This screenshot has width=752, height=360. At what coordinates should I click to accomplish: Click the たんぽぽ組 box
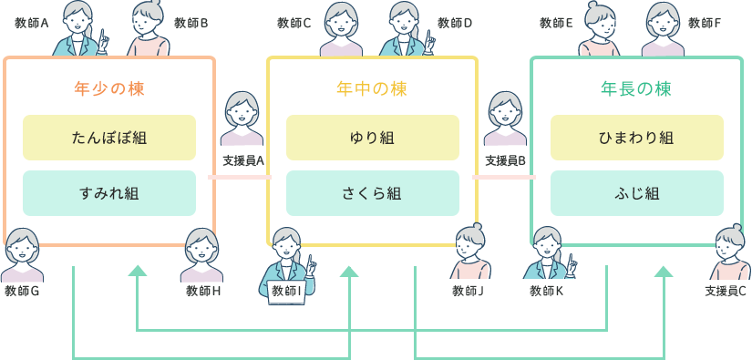109,138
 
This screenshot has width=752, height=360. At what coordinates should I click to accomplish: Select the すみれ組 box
109,193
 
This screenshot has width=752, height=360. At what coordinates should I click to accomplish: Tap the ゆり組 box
372,138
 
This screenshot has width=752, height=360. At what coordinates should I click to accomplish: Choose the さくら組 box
372,193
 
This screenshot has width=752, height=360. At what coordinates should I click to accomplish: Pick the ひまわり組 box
636,138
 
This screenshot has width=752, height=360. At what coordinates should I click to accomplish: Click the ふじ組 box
636,193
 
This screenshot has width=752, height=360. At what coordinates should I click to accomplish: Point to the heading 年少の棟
109,89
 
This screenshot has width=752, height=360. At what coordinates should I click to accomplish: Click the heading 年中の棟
372,89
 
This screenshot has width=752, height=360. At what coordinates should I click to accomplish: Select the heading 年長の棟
636,89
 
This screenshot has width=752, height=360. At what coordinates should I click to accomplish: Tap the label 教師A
32,23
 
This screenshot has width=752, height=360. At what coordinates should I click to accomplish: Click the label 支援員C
726,292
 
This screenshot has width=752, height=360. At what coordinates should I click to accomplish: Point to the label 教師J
468,292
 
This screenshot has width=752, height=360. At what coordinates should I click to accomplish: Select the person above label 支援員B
505,118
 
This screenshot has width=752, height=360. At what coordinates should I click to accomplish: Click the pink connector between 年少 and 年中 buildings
240,177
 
